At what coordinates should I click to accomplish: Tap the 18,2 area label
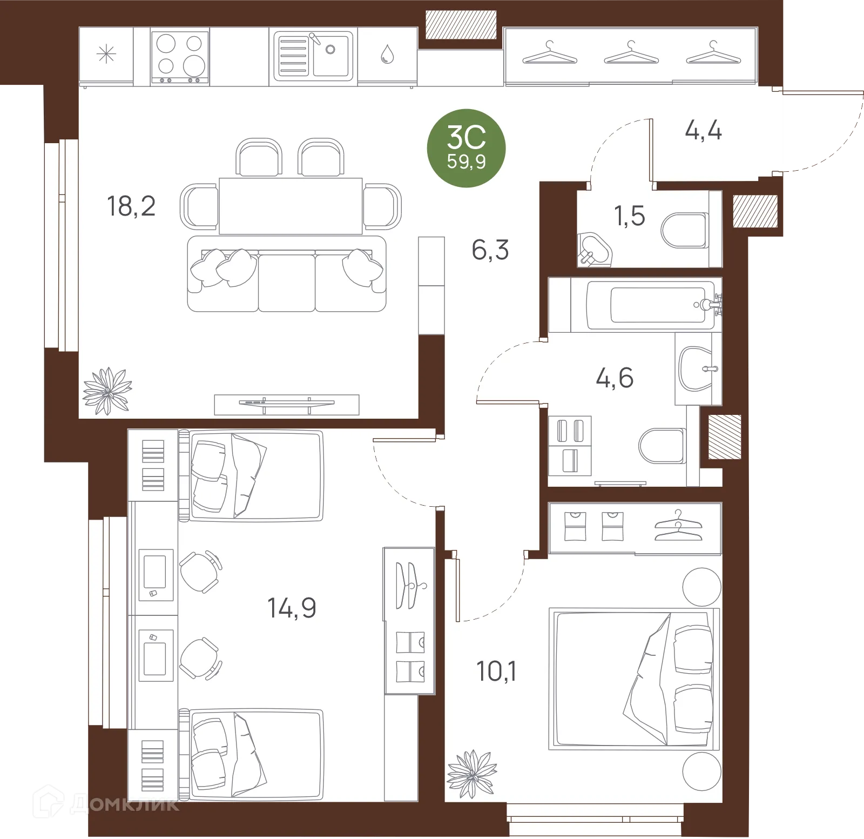132,206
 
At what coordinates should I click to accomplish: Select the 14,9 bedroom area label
292,608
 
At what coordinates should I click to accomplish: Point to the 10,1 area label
496,672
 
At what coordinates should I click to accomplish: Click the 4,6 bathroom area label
615,378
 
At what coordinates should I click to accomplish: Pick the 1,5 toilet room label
630,216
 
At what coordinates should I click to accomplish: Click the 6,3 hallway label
490,251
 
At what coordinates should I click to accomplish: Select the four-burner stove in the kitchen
180,57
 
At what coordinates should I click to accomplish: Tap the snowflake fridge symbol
106,55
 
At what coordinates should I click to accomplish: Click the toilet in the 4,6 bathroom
662,446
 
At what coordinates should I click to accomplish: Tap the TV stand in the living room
287,404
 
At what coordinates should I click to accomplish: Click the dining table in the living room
290,206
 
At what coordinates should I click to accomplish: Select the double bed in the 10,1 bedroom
635,679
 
